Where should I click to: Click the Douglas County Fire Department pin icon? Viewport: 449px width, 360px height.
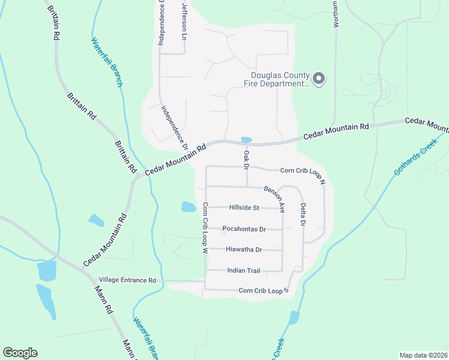pos(319,79)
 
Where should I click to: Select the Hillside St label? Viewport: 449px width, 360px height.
pos(244,208)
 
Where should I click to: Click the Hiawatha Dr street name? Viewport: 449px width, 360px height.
pos(244,250)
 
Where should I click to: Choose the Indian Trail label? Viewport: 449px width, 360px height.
pos(244,271)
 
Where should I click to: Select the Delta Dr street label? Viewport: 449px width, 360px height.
pos(303,214)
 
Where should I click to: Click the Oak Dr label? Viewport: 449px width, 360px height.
pos(246,160)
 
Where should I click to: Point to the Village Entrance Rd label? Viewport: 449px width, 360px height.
pos(127,280)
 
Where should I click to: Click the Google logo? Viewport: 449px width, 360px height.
pos(20,353)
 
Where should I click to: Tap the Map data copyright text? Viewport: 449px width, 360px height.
pos(423,355)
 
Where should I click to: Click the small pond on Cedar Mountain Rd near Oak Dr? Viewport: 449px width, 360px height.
pos(246,140)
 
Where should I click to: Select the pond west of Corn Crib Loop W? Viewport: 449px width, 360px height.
pos(188,207)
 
